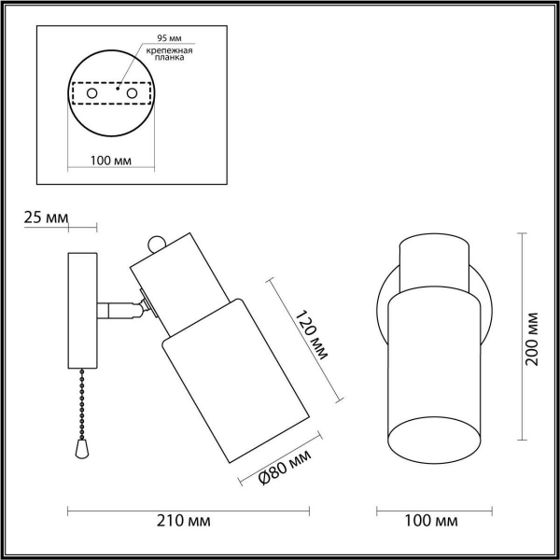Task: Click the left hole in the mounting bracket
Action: coord(91,95)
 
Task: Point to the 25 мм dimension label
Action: coord(44,217)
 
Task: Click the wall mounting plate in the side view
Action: coord(82,310)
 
